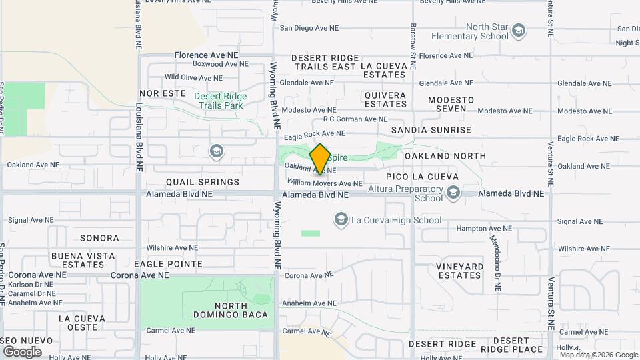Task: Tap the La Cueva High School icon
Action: click(x=341, y=219)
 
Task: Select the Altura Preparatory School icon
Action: click(x=454, y=193)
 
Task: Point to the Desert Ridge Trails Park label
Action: click(x=220, y=101)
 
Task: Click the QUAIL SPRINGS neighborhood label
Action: click(x=203, y=182)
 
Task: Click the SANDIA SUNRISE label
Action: click(x=431, y=130)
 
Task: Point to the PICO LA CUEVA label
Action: click(x=423, y=177)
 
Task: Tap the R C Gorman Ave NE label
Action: click(x=355, y=119)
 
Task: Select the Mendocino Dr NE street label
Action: click(x=497, y=263)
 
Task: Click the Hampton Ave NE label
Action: click(x=484, y=228)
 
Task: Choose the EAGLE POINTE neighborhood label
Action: click(x=168, y=264)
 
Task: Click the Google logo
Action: click(x=23, y=351)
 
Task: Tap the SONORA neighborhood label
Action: click(x=99, y=238)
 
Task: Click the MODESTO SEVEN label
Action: click(x=451, y=104)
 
